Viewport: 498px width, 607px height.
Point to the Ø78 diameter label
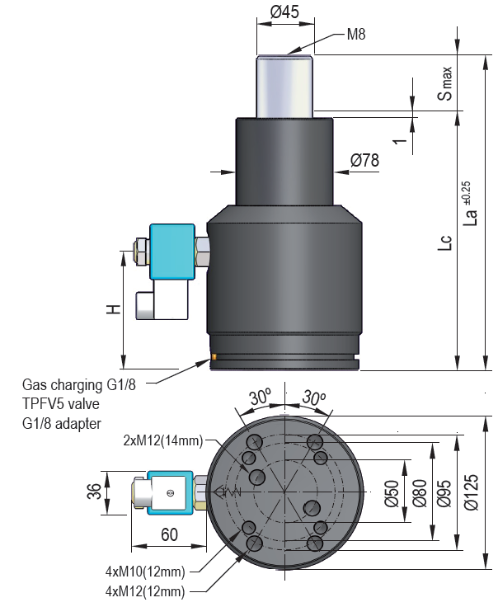(x=364, y=160)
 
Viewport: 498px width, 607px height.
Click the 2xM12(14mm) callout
(x=162, y=441)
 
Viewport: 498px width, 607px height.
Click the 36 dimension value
(x=93, y=493)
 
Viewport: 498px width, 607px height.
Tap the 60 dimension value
(x=171, y=535)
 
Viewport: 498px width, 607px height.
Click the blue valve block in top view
(x=171, y=493)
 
